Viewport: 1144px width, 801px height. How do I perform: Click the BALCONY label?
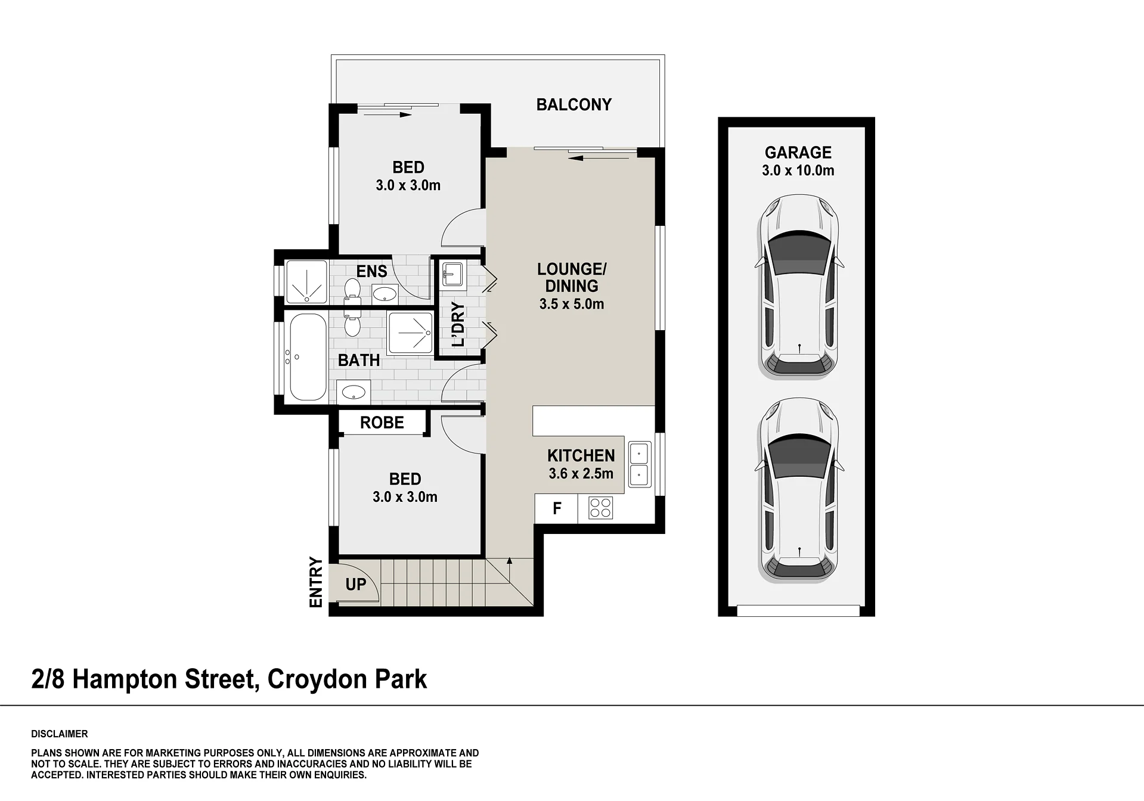(573, 105)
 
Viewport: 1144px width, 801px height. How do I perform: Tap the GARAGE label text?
(798, 153)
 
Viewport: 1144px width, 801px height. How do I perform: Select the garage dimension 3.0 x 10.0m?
(798, 170)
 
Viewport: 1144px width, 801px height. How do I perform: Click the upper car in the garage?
(798, 287)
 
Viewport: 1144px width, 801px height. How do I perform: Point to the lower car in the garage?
(798, 490)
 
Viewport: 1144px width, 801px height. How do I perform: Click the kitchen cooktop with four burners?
(600, 508)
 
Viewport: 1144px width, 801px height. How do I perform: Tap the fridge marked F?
(556, 508)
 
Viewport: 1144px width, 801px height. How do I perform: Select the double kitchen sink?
(640, 464)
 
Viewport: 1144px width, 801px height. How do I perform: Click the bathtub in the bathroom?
(308, 357)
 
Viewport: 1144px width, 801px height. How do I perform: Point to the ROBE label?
(382, 423)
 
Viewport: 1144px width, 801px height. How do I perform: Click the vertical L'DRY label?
(458, 324)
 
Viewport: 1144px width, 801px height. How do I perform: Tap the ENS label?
(371, 271)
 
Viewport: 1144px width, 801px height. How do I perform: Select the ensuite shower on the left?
(306, 281)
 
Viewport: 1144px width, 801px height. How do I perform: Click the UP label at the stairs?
(356, 584)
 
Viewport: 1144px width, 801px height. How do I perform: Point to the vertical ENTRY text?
(316, 582)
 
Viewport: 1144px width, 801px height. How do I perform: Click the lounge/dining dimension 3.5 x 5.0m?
(571, 304)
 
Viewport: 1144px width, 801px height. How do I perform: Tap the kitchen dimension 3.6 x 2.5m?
(581, 474)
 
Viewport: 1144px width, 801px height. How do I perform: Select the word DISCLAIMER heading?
(60, 734)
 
